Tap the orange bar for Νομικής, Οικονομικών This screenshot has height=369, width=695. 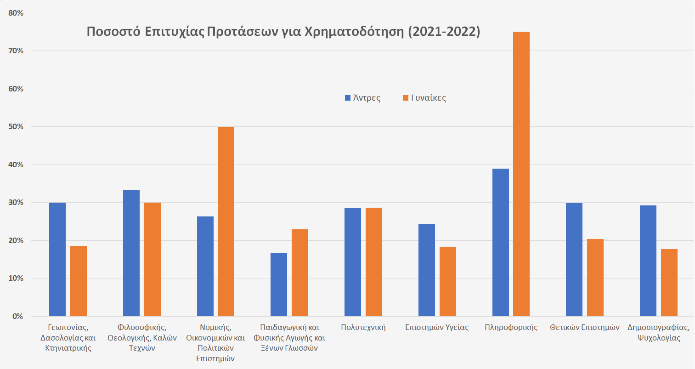click(x=226, y=221)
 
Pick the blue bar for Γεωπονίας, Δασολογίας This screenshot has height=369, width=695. click(x=57, y=259)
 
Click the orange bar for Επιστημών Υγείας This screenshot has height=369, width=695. click(x=448, y=282)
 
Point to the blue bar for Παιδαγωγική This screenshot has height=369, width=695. click(x=279, y=284)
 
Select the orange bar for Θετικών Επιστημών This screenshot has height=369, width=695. click(x=595, y=278)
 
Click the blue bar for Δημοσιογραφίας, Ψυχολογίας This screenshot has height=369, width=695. click(x=648, y=261)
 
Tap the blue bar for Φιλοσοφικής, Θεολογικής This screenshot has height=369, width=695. click(x=131, y=253)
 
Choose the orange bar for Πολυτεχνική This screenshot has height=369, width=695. click(x=374, y=262)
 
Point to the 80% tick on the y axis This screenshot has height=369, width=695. click(x=16, y=13)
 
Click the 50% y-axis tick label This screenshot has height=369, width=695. click(x=16, y=127)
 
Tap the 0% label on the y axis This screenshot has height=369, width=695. click(x=17, y=317)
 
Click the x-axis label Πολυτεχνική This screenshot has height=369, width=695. click(x=363, y=328)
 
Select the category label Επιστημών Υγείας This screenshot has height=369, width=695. click(x=437, y=328)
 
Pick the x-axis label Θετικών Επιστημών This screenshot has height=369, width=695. click(x=585, y=328)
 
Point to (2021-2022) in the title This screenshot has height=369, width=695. click(x=444, y=32)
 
